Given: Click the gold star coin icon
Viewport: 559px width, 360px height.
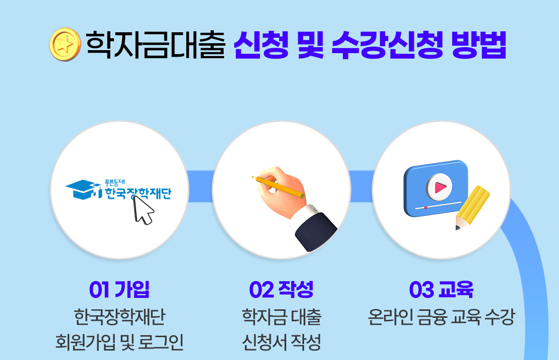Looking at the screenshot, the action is [x=65, y=45].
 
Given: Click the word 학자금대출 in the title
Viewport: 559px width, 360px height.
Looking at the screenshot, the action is [x=156, y=45].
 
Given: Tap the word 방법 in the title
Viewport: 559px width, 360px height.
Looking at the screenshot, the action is [x=479, y=45].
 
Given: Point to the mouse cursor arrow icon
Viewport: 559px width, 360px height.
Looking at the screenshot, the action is [x=143, y=210].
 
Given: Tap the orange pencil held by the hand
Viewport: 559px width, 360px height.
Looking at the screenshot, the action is [x=278, y=186].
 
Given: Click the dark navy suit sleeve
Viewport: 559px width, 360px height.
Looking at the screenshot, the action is [x=316, y=232].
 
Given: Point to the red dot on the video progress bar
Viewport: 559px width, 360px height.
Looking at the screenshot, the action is [x=426, y=207].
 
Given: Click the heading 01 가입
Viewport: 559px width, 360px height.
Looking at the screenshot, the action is [x=119, y=289].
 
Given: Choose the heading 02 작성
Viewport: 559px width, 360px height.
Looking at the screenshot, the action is [x=281, y=289].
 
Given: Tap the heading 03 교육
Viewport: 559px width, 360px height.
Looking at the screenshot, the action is [x=441, y=289].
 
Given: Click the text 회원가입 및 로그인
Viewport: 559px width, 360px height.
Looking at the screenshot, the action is [x=119, y=342].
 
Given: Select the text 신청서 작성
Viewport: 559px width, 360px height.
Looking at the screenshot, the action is [x=282, y=342].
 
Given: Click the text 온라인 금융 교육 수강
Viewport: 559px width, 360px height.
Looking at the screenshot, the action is [x=441, y=316].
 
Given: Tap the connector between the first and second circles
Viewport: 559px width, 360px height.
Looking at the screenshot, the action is [x=200, y=186].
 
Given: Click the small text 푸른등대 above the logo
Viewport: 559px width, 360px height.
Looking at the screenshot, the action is [x=115, y=183].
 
